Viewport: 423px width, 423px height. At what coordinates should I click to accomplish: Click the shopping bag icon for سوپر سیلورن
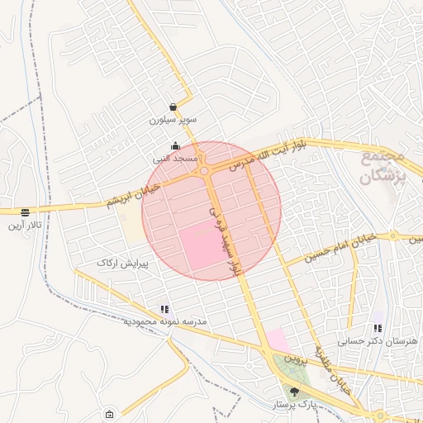pyautogui.click(x=172, y=107)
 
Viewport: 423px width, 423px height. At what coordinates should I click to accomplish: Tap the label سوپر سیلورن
pyautogui.click(x=173, y=120)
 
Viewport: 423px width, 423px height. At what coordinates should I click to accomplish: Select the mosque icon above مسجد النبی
pyautogui.click(x=174, y=146)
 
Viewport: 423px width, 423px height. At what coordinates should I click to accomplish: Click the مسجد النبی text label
pyautogui.click(x=174, y=158)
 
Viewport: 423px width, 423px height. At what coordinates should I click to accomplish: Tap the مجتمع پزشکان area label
pyautogui.click(x=385, y=165)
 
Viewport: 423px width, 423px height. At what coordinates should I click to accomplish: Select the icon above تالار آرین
pyautogui.click(x=26, y=211)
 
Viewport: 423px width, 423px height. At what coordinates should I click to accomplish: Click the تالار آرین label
pyautogui.click(x=25, y=225)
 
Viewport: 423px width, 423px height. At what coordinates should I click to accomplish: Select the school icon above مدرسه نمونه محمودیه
pyautogui.click(x=164, y=308)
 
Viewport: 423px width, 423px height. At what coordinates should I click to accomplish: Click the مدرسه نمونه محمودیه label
pyautogui.click(x=164, y=321)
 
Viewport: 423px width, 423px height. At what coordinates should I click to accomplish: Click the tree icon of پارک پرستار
pyautogui.click(x=295, y=391)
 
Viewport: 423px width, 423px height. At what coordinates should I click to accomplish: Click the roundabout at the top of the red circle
pyautogui.click(x=203, y=171)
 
